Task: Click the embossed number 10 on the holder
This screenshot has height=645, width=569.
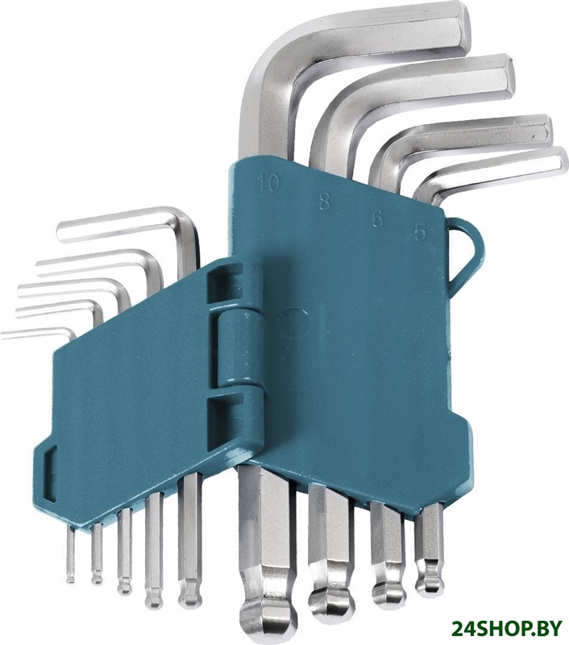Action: point(268,183)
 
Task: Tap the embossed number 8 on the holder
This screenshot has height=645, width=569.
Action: point(325,201)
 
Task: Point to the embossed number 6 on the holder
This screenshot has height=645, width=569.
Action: point(377,218)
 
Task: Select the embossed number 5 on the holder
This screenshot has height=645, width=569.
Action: point(420,232)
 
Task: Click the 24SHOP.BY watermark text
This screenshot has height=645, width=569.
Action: point(507,628)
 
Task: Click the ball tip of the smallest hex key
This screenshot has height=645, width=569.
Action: point(71,579)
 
